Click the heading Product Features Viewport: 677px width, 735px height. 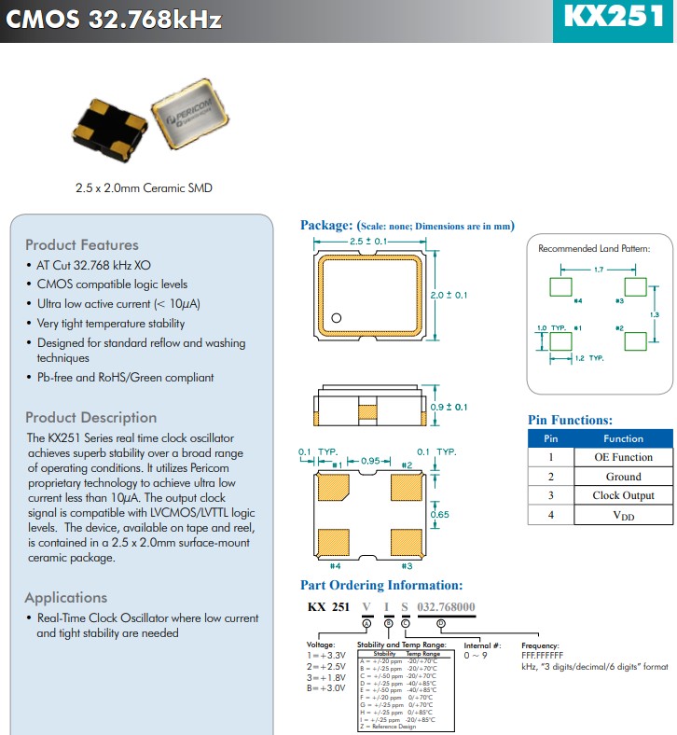click(x=81, y=245)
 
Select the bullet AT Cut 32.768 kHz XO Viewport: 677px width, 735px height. click(x=93, y=266)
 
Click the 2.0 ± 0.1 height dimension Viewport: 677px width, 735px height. click(x=449, y=295)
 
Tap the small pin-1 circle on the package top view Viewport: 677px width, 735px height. click(x=337, y=318)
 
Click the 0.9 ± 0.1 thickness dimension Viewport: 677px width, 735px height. click(x=449, y=407)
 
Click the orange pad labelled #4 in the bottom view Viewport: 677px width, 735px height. click(x=333, y=542)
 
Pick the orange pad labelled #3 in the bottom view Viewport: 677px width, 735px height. click(x=407, y=542)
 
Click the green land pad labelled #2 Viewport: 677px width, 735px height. click(x=635, y=340)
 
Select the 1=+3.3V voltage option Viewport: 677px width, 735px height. click(x=326, y=656)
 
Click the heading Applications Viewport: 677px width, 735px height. click(x=66, y=598)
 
